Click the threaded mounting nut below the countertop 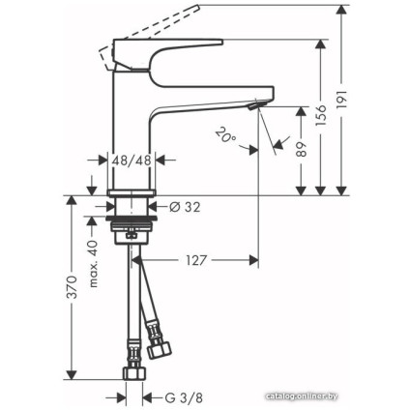[x=130, y=232]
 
